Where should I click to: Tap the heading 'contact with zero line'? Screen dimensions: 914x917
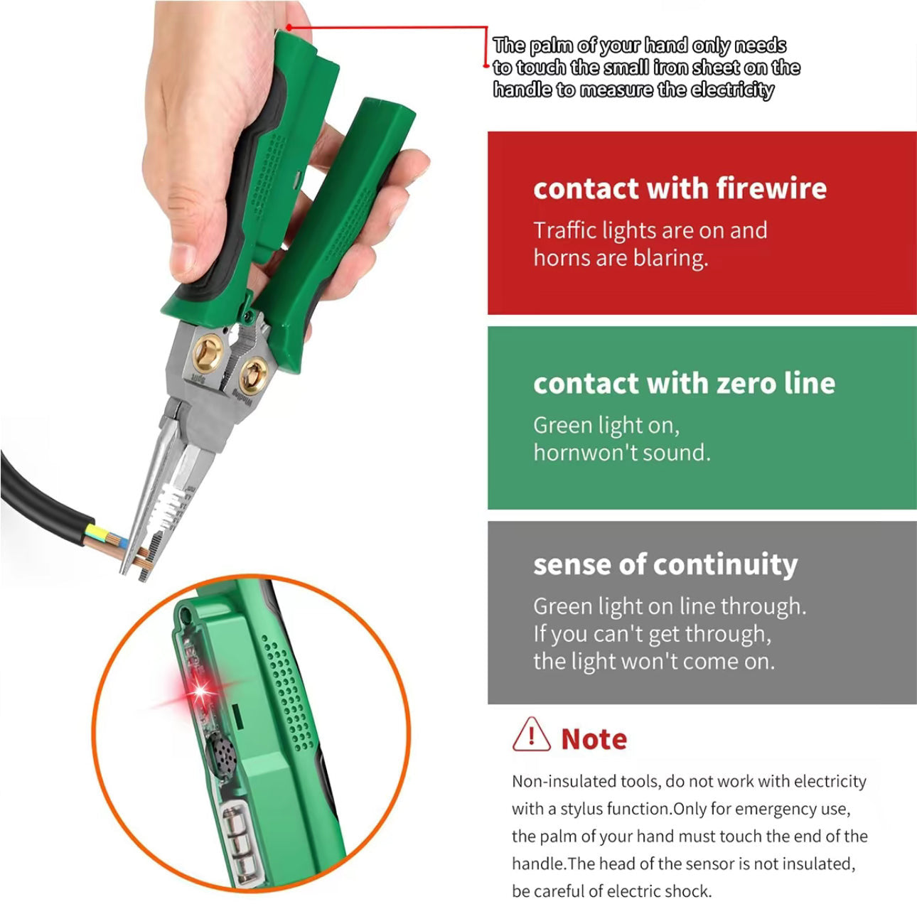click(684, 384)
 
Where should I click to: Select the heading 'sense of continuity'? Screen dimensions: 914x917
click(665, 564)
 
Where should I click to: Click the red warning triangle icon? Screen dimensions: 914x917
click(531, 736)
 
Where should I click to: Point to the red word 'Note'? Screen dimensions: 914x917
click(594, 739)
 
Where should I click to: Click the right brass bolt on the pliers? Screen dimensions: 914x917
click(252, 372)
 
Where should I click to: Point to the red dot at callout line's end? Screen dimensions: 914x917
click(289, 28)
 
